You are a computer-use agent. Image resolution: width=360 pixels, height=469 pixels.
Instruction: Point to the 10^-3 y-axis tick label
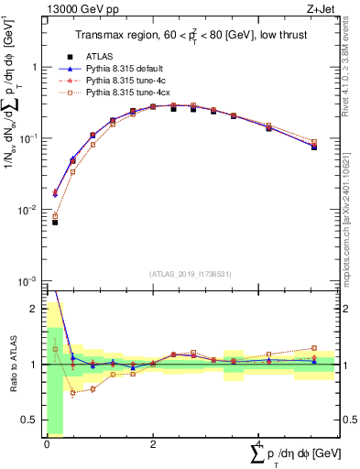tap(28, 281)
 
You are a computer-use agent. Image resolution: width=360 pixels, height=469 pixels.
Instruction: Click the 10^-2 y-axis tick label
tap(28, 210)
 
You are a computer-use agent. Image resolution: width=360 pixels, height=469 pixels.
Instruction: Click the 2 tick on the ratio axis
tap(35, 309)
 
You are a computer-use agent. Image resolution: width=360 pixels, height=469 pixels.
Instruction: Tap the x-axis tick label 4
tap(259, 445)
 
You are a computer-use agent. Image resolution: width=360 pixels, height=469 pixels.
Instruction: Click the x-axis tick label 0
tap(46, 445)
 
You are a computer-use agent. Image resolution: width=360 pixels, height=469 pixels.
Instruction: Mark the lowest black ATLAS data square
tap(55, 223)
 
